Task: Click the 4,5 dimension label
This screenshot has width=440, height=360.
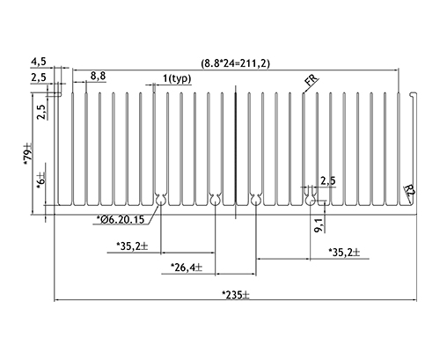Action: [x=39, y=62]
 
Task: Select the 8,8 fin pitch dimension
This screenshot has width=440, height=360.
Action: [x=98, y=76]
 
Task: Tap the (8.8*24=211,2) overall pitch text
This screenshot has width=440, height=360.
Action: [x=235, y=63]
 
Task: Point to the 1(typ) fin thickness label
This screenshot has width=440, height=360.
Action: [x=177, y=78]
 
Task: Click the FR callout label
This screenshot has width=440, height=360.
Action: [x=312, y=79]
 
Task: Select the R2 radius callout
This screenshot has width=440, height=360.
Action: [x=409, y=191]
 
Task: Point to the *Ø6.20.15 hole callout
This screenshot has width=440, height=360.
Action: [x=121, y=219]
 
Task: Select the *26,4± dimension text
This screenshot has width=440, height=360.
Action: [x=187, y=268]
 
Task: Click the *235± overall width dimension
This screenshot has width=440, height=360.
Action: [x=236, y=295]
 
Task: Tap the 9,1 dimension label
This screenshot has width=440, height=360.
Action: [x=319, y=225]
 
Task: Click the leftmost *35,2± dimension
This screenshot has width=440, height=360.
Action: [x=132, y=246]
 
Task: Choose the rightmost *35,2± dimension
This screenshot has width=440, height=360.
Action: [x=344, y=253]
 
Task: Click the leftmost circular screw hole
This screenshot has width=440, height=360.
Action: [x=160, y=202]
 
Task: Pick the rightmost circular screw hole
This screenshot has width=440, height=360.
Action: [x=310, y=202]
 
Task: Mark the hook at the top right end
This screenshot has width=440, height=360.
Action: [x=414, y=94]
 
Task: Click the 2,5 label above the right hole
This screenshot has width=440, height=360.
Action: [x=328, y=180]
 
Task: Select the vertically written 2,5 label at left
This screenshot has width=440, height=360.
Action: [x=41, y=112]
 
